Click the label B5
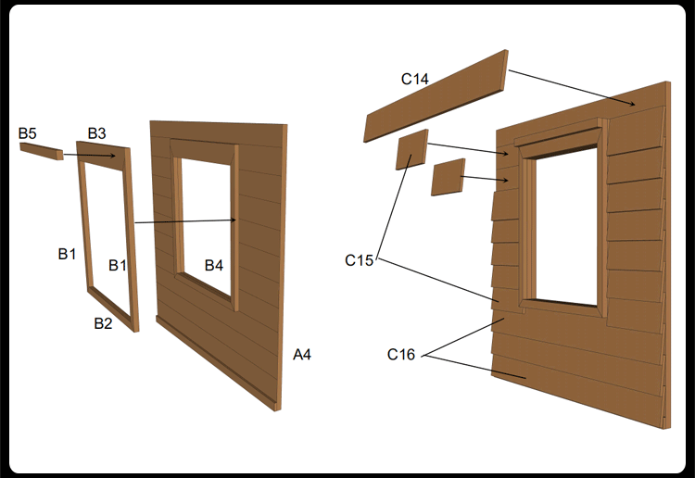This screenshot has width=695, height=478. [x=28, y=132]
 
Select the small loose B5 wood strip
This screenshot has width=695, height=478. [x=41, y=151]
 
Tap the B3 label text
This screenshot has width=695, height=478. [x=96, y=132]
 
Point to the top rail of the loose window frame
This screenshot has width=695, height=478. [x=104, y=156]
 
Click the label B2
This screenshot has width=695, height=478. [x=103, y=323]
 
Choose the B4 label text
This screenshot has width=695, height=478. [x=214, y=265]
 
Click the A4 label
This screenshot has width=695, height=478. [x=302, y=355]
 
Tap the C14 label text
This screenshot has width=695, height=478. [x=415, y=79]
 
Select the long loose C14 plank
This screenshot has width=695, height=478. [x=436, y=95]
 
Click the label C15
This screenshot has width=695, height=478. [x=359, y=260]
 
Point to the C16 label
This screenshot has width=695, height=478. [x=401, y=355]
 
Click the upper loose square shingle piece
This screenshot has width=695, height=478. [x=412, y=149]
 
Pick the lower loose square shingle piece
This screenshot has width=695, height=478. [x=449, y=177]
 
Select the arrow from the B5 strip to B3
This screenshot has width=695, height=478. [x=90, y=155]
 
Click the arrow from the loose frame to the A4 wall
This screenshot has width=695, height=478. [x=185, y=221]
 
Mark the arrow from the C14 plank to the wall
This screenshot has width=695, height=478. [x=572, y=88]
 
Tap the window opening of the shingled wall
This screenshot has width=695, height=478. [x=566, y=227]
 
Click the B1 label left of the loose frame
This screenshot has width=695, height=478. [x=67, y=254]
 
